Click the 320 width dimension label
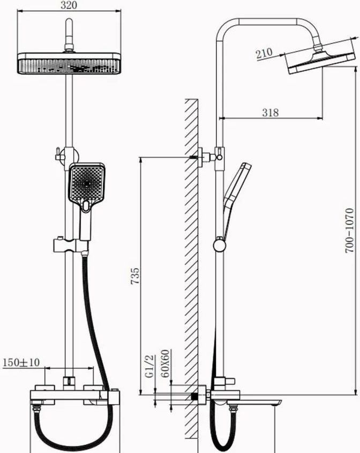pyautogui.click(x=69, y=5)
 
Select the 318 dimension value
pyautogui.click(x=271, y=113)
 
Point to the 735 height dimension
pyautogui.click(x=135, y=276)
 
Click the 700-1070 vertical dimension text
pyautogui.click(x=349, y=231)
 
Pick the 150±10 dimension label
pyautogui.click(x=21, y=362)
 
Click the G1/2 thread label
pyautogui.click(x=149, y=366)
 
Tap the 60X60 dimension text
pyautogui.click(x=166, y=363)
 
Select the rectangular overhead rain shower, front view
pyautogui.click(x=69, y=63)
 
